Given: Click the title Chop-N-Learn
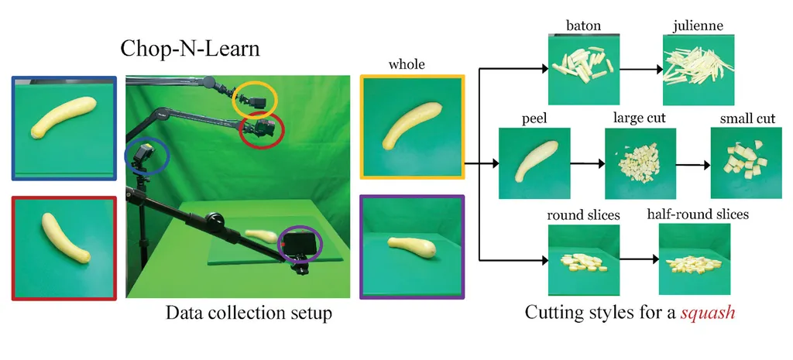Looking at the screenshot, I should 189,49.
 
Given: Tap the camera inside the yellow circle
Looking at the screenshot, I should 256,100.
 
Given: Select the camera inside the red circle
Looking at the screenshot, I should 263,128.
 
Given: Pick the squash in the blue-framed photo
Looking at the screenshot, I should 64,121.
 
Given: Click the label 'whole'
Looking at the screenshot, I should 407,64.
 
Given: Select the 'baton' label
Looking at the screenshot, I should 583,27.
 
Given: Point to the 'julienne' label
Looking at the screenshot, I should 698,27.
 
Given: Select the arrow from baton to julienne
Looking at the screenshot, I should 637,68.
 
